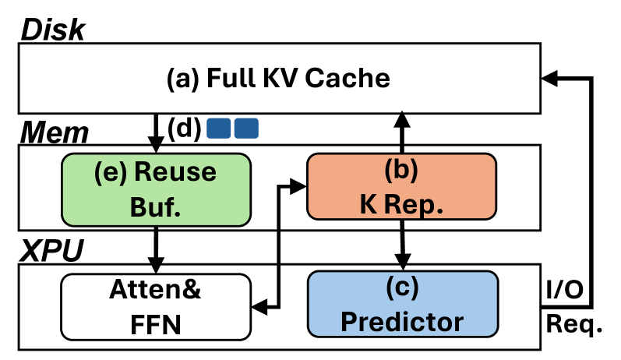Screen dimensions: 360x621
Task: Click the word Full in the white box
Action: coord(228,79)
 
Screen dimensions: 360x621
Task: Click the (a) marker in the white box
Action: coord(184,79)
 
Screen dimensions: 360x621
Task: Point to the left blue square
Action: coord(218,128)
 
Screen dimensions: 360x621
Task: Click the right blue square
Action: coord(246,128)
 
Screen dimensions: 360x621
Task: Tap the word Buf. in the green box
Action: coord(156,206)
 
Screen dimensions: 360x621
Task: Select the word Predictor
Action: coord(402,321)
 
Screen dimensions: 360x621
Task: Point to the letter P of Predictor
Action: coord(348,321)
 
